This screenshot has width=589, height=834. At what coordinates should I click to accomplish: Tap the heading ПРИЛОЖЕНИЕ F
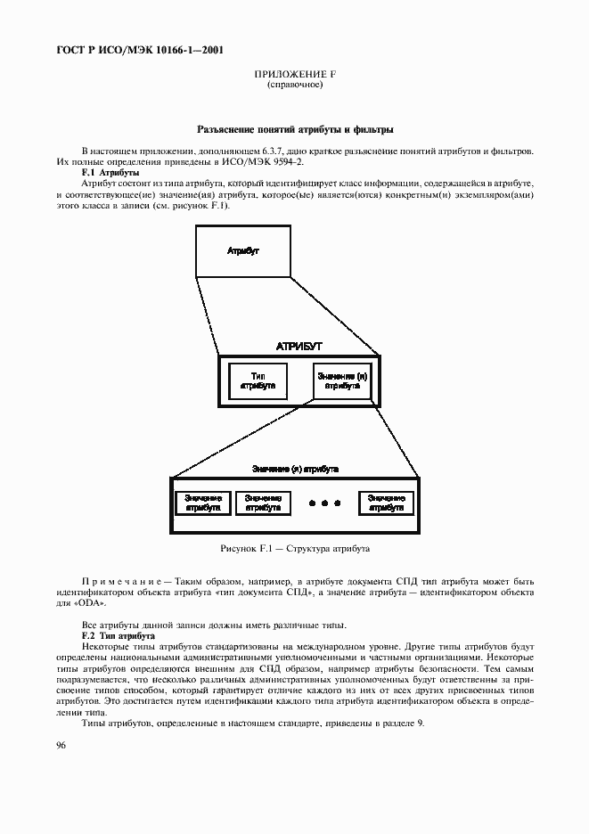click(294, 75)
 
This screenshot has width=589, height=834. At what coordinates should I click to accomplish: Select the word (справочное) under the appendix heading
click(294, 85)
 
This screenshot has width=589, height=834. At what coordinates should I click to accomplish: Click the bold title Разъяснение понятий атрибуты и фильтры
click(294, 130)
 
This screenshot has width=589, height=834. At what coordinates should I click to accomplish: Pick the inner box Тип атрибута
click(257, 381)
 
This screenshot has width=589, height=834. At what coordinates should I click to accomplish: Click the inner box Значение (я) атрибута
click(341, 381)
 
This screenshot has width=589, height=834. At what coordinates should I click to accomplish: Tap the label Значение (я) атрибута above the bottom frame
click(294, 467)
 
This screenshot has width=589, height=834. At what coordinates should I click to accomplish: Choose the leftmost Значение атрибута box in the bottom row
click(203, 503)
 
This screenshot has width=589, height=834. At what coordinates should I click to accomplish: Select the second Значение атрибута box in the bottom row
click(262, 503)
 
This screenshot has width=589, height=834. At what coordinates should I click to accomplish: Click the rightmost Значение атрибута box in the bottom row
click(385, 503)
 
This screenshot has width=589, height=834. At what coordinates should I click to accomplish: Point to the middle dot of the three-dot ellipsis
click(325, 503)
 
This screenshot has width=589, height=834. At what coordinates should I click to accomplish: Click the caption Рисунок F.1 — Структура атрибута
click(294, 549)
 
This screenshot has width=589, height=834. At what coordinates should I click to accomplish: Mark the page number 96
click(62, 744)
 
